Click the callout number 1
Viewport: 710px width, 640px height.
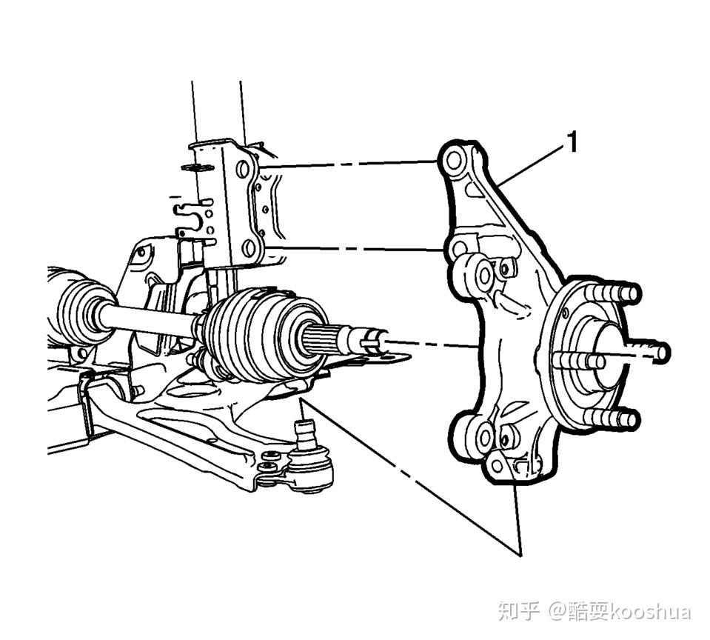tap(571, 141)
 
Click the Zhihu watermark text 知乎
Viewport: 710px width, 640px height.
tap(519, 612)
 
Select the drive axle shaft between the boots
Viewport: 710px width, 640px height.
tap(148, 317)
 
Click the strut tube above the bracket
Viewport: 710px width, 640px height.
tap(216, 111)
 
